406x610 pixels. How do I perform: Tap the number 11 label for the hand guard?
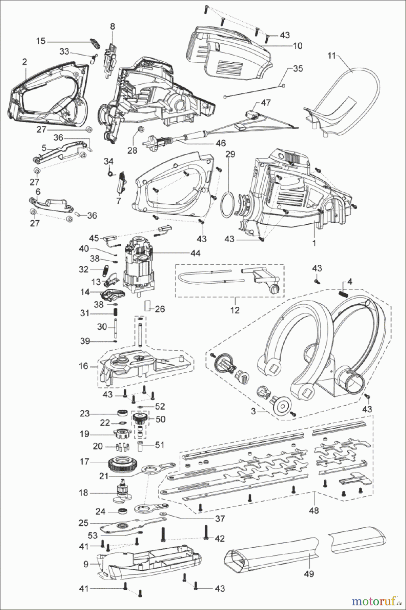coord(331,56)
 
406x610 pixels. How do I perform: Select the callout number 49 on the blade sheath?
coord(309,574)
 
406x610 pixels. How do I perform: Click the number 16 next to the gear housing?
coord(83,366)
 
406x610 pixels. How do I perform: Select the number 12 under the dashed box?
coord(235,310)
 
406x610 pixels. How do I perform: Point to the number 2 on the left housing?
coord(24,62)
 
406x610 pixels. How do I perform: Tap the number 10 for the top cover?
coord(298,45)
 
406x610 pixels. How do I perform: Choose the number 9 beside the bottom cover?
coord(86,564)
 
